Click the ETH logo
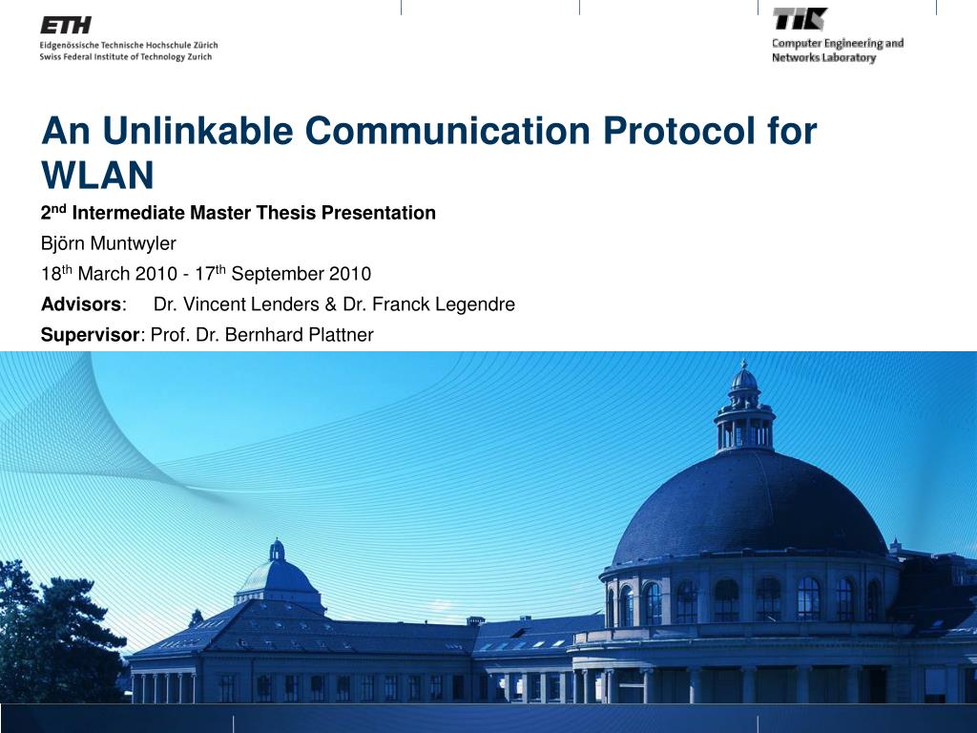pyautogui.click(x=66, y=25)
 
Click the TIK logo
pyautogui.click(x=800, y=19)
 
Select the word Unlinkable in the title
pyautogui.click(x=197, y=131)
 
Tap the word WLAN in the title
pyautogui.click(x=97, y=176)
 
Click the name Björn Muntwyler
pyautogui.click(x=109, y=243)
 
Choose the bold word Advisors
pyautogui.click(x=81, y=304)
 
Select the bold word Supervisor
pyautogui.click(x=91, y=335)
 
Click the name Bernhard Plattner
pyautogui.click(x=299, y=335)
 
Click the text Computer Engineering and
pyautogui.click(x=838, y=44)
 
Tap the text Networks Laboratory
pyautogui.click(x=823, y=57)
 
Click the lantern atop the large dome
pyautogui.click(x=744, y=405)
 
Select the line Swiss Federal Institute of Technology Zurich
pyautogui.click(x=126, y=56)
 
